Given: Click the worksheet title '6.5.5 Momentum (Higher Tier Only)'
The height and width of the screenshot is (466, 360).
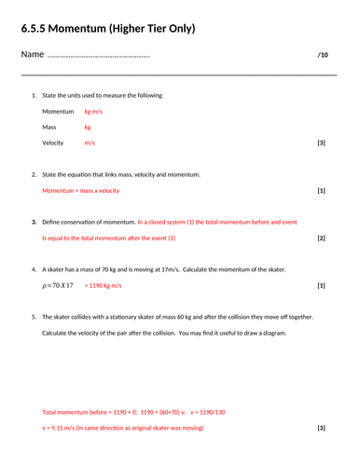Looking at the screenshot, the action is [x=108, y=29].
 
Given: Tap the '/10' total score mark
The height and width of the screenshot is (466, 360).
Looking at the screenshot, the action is [x=323, y=56].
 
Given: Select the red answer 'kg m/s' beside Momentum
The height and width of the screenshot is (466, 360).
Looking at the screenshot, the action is [x=94, y=111].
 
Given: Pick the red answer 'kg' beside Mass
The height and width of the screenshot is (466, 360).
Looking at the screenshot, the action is [x=88, y=127].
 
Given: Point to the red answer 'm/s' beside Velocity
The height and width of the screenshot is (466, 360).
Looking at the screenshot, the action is [x=90, y=144].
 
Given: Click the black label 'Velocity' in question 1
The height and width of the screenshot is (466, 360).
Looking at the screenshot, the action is [x=53, y=144].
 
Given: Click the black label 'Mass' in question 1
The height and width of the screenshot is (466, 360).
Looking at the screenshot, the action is [x=49, y=127].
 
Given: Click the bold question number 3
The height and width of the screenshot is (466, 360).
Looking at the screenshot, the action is [x=34, y=223].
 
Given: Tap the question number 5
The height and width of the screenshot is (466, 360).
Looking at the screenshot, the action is [x=34, y=318].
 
